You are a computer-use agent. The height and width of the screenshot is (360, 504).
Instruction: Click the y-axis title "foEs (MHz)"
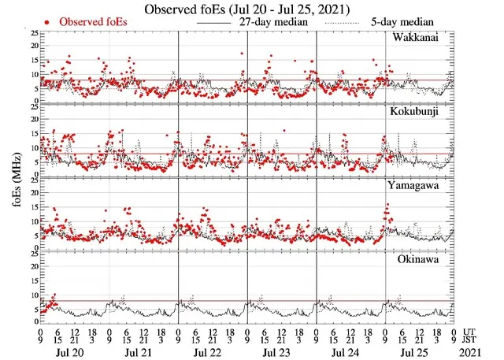[12, 176]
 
